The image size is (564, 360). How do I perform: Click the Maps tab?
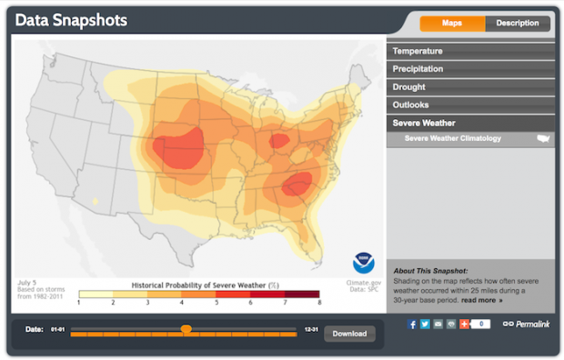(x=452, y=23)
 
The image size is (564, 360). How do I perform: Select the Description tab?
(x=518, y=23)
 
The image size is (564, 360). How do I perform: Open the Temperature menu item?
(x=418, y=51)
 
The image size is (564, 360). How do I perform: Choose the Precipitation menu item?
(x=418, y=68)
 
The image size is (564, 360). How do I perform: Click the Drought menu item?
(x=408, y=86)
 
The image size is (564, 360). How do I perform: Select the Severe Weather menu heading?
(x=424, y=123)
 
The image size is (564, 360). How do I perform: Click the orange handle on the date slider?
(x=186, y=329)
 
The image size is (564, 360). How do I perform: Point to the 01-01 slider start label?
(x=58, y=329)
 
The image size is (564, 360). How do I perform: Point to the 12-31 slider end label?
(x=311, y=329)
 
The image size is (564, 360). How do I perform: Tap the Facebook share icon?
(x=412, y=324)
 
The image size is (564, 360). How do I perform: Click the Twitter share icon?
(x=425, y=324)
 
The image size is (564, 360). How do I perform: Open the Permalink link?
(x=532, y=324)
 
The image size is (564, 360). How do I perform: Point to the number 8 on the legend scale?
(x=318, y=302)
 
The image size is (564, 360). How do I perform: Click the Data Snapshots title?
(x=71, y=20)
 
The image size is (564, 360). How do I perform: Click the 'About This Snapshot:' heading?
(x=429, y=271)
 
